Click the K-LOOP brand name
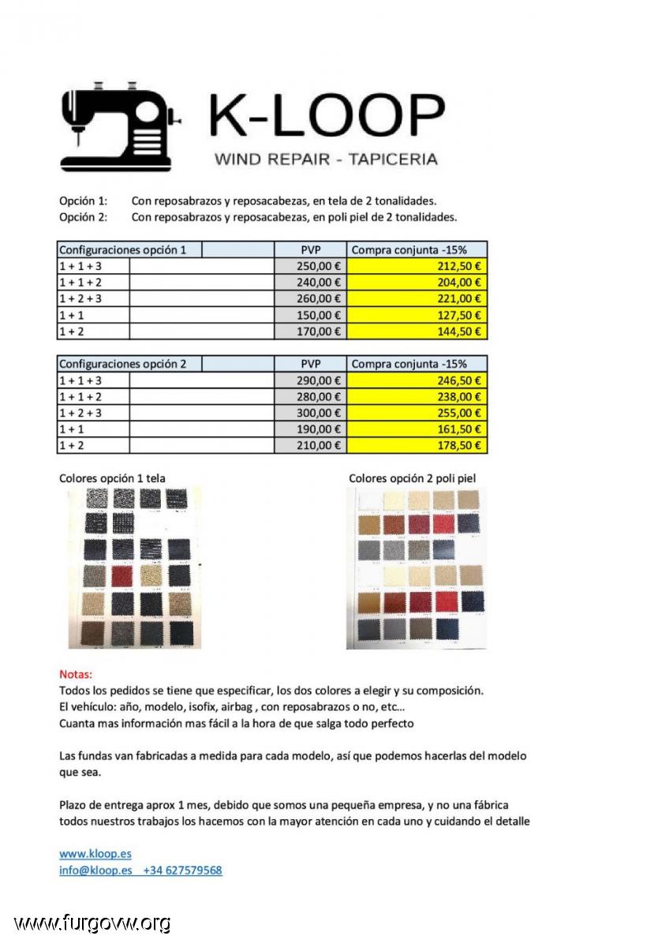(x=325, y=117)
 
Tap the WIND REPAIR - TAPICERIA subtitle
(x=326, y=159)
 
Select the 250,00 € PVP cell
(x=310, y=266)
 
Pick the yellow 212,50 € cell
(x=417, y=266)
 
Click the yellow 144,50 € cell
(x=417, y=331)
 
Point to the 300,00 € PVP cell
(x=310, y=413)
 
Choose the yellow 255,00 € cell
(x=417, y=413)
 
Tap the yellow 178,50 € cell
(x=417, y=446)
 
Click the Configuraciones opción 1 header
(x=123, y=249)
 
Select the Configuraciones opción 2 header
(x=123, y=364)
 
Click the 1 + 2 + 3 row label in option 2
(x=80, y=413)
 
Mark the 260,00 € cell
(x=310, y=299)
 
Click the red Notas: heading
(x=76, y=675)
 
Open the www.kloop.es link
(x=95, y=854)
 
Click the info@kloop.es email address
(x=95, y=870)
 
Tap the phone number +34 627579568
(x=182, y=870)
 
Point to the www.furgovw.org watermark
(x=92, y=923)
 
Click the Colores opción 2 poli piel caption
(x=412, y=478)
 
